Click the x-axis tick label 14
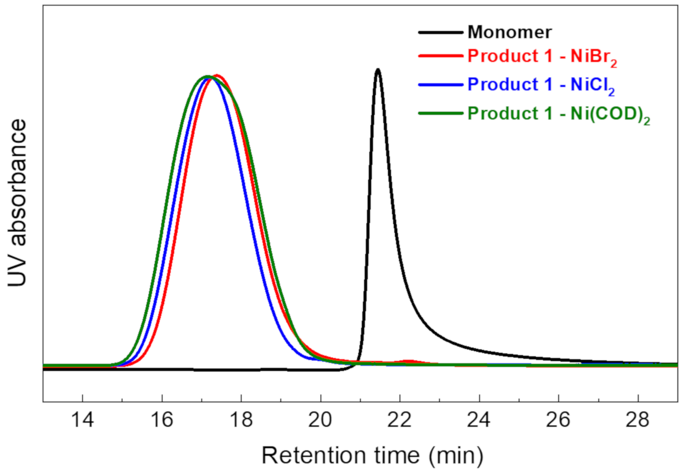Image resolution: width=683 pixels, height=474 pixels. pyautogui.click(x=83, y=420)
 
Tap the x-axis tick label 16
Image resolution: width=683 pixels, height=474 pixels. pyautogui.click(x=162, y=420)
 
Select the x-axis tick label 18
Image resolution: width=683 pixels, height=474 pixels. pyautogui.click(x=241, y=420)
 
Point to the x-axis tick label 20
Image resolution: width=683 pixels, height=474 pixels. pyautogui.click(x=320, y=420)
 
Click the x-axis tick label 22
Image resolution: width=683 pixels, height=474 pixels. pyautogui.click(x=400, y=420)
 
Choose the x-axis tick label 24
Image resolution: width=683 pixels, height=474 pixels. pyautogui.click(x=479, y=420)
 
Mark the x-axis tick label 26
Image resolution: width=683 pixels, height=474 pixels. pyautogui.click(x=558, y=420)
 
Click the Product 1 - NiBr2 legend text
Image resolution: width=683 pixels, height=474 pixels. pyautogui.click(x=542, y=57)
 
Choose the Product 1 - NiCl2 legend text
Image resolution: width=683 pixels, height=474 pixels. pyautogui.click(x=541, y=85)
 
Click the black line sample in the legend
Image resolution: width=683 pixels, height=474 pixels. pyautogui.click(x=441, y=32)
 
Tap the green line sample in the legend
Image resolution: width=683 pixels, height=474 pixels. pyautogui.click(x=441, y=114)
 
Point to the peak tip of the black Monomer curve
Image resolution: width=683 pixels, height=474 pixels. pyautogui.click(x=378, y=70)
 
